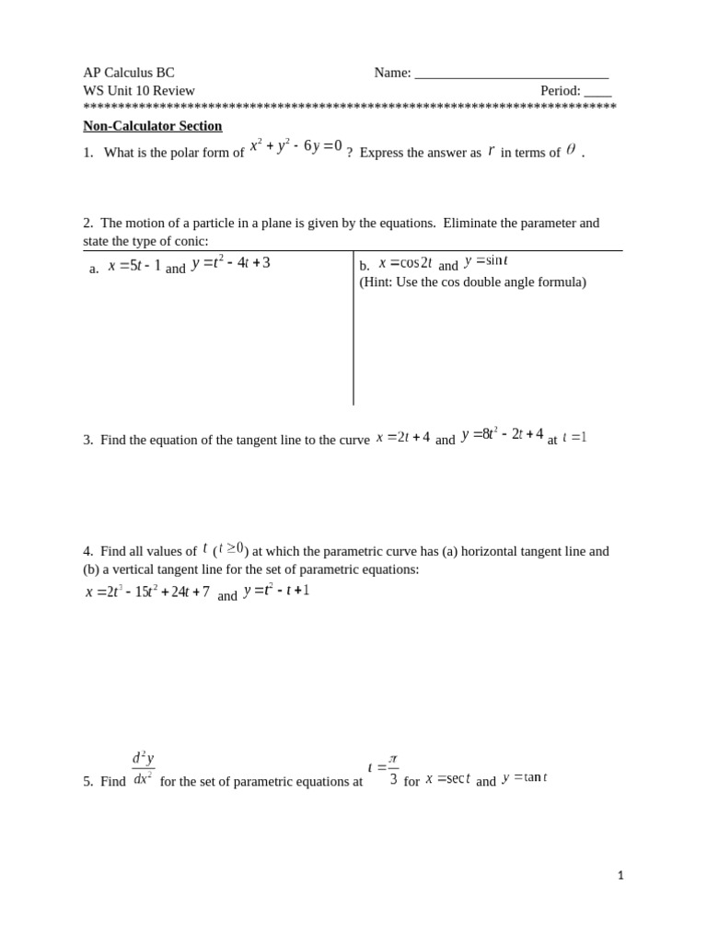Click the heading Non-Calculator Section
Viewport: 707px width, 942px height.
tap(153, 126)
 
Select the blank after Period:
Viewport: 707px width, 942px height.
tap(597, 92)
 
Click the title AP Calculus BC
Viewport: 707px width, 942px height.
tap(129, 73)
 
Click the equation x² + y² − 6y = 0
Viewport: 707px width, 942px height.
tap(296, 146)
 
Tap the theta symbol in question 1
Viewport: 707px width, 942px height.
tap(571, 149)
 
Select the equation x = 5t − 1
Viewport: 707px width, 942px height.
tap(134, 266)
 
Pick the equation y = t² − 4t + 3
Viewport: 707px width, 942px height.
tap(230, 263)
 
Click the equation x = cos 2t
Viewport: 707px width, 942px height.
tap(405, 263)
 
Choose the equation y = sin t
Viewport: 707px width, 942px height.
tap(486, 261)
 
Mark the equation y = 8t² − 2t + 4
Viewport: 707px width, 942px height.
tap(502, 434)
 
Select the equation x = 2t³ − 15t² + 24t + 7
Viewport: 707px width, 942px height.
tap(147, 592)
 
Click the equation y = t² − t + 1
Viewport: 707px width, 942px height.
tap(276, 590)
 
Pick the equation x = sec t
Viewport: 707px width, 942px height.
tap(447, 778)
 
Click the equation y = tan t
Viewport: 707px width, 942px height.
tap(525, 777)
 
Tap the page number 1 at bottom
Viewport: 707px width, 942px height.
tap(620, 876)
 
